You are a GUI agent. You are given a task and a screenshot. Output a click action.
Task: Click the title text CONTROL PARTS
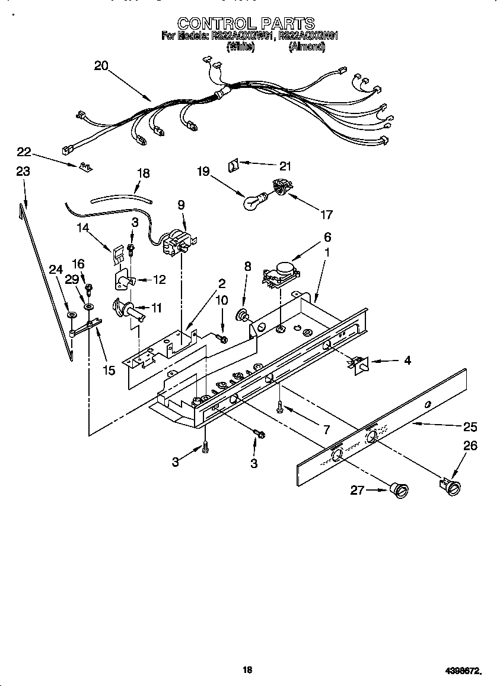(x=246, y=23)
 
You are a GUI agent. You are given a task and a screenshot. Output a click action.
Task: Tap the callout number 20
(x=101, y=66)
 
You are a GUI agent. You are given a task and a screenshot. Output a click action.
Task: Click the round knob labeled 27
(x=400, y=489)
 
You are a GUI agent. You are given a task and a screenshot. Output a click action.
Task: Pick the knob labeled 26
(x=453, y=486)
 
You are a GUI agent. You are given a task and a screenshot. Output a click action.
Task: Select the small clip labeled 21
(x=234, y=165)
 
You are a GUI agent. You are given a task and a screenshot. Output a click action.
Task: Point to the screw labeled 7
(x=279, y=407)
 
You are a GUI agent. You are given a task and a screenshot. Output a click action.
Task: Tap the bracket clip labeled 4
(x=358, y=363)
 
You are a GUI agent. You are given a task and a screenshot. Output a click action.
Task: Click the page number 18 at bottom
(x=248, y=670)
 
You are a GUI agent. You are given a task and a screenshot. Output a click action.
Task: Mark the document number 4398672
(x=462, y=671)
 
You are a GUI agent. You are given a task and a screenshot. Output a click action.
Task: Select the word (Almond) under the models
(x=307, y=48)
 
